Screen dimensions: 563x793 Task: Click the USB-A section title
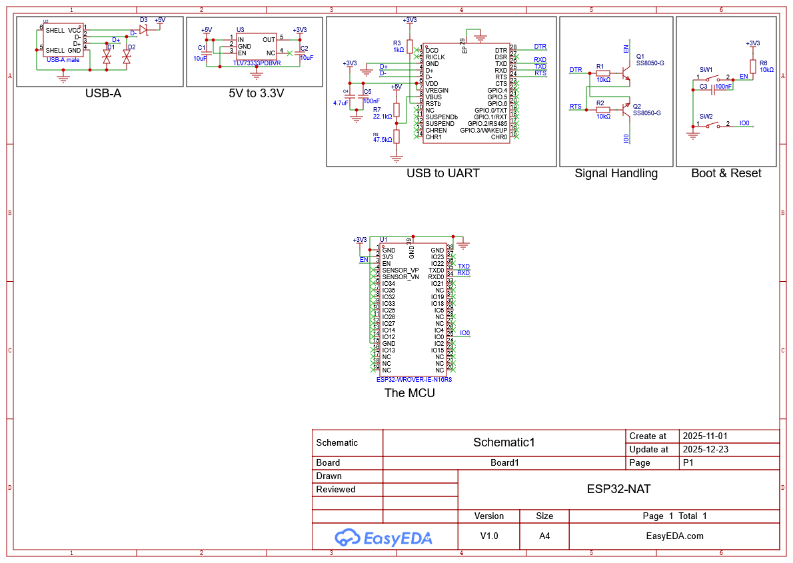coord(103,93)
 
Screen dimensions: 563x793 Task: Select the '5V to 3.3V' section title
coord(256,93)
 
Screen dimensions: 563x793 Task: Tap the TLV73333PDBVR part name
coord(257,63)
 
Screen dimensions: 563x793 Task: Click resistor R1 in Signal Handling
coord(602,73)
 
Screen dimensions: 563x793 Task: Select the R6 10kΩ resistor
coord(752,66)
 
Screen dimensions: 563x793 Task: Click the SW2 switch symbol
coord(713,124)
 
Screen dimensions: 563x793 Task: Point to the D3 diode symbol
coord(143,29)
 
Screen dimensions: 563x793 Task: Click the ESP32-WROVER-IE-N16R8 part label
coord(414,379)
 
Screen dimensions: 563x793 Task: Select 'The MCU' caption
coord(409,393)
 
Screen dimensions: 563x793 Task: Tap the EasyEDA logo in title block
coord(384,537)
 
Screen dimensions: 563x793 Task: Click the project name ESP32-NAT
coord(618,489)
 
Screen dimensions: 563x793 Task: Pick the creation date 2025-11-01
coord(706,436)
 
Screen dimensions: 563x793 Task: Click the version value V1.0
coord(489,536)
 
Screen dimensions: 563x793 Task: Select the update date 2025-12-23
coord(706,449)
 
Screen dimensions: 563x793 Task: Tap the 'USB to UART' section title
coord(442,173)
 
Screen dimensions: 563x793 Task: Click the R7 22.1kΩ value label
coord(382,117)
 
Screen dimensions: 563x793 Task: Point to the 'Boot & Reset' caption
coord(726,173)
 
